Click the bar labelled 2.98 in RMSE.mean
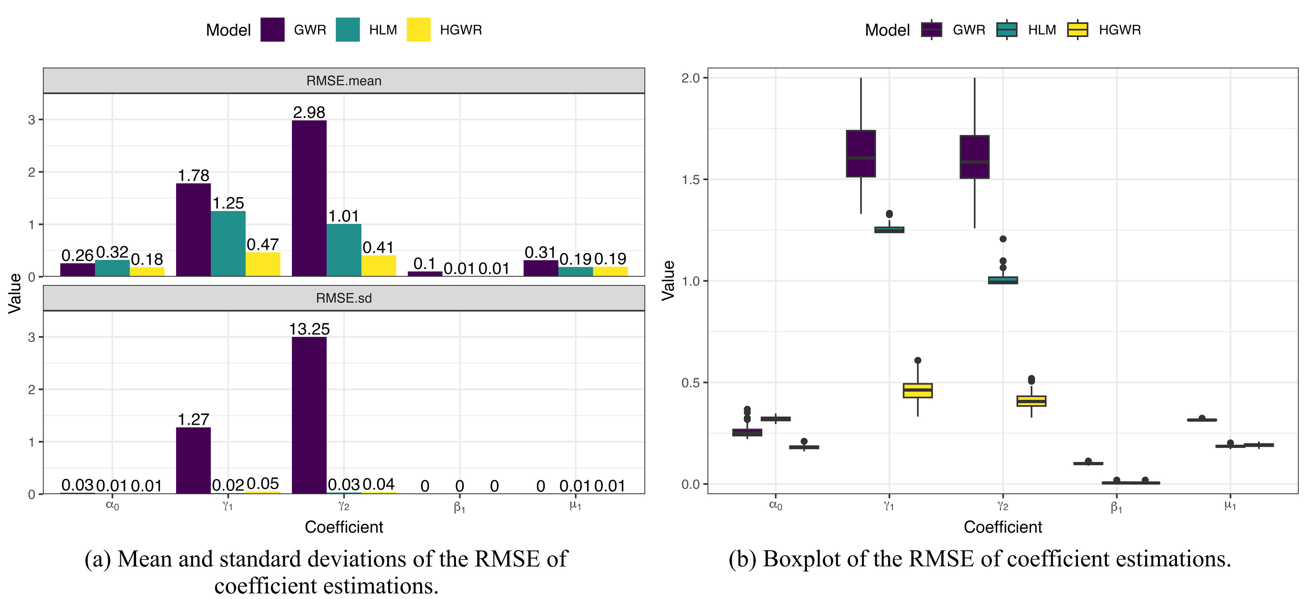[x=309, y=198]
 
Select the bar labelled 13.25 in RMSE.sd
[x=309, y=415]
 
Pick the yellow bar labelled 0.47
[x=263, y=264]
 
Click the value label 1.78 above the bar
[x=193, y=175]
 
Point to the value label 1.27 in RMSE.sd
[x=193, y=419]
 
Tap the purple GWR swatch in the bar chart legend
[x=272, y=30]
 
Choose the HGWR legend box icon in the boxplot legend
[x=1077, y=30]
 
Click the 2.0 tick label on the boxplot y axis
[x=690, y=78]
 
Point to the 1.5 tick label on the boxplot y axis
[x=690, y=180]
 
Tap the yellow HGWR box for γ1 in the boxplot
[x=917, y=391]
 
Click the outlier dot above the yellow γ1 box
[x=917, y=360]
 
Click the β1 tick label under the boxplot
[x=1116, y=507]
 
